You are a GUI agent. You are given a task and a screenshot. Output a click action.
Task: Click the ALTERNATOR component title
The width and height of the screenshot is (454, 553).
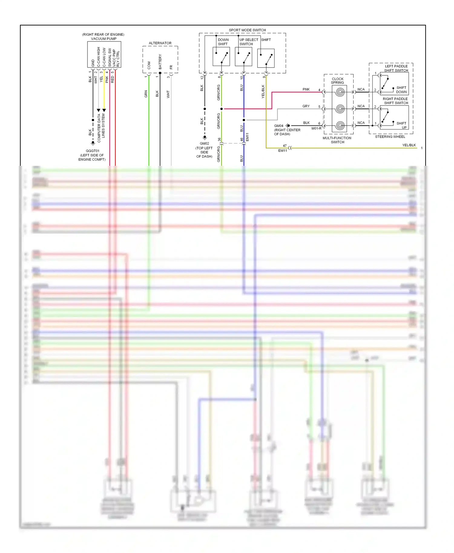(x=160, y=43)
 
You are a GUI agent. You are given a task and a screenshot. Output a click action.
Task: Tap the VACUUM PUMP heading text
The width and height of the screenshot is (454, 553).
(x=104, y=39)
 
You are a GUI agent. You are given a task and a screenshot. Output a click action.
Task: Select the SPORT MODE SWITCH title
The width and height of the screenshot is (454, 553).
(x=247, y=30)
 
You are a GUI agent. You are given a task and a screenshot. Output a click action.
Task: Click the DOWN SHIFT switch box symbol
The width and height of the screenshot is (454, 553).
(x=221, y=57)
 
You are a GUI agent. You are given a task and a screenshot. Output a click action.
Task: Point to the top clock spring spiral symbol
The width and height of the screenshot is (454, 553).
(x=340, y=92)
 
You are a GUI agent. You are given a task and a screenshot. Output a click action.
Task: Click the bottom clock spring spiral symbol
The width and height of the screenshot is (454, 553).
(x=340, y=125)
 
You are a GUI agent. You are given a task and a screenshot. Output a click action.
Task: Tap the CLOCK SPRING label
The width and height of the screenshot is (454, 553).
(x=337, y=80)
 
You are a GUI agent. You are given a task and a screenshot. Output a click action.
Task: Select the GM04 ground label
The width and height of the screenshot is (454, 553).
(x=278, y=126)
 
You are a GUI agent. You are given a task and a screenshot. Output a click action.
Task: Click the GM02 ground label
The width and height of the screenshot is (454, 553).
(x=204, y=143)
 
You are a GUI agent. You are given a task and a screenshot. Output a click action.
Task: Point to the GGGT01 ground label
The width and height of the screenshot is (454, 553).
(x=92, y=151)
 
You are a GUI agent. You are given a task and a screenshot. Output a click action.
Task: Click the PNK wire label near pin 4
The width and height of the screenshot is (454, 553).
(x=306, y=89)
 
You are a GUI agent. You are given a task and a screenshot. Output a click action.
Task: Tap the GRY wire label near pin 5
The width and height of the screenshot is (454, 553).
(x=306, y=106)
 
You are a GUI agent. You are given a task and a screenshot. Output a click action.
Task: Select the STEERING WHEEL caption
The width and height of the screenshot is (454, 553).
(x=390, y=137)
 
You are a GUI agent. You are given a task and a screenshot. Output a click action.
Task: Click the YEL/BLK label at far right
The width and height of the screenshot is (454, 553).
(x=409, y=145)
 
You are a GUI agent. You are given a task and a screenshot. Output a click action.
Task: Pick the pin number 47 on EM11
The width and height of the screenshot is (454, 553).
(x=285, y=146)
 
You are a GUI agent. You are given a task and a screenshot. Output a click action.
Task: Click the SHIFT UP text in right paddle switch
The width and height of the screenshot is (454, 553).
(x=402, y=125)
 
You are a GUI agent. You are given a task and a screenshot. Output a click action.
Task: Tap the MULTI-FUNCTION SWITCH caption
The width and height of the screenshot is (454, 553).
(x=337, y=140)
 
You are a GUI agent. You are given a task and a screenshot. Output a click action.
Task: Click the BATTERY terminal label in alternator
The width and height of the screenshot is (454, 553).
(x=160, y=62)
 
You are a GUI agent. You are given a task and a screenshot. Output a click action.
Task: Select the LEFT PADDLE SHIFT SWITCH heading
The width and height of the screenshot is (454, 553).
(x=396, y=68)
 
